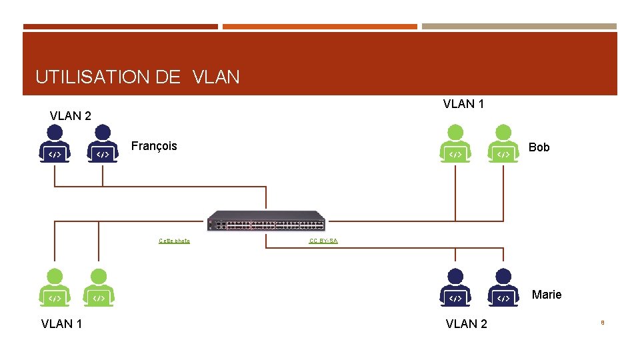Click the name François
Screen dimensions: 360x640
[x=154, y=146]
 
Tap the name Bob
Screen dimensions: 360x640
[x=539, y=147]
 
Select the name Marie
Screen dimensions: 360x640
[x=546, y=295]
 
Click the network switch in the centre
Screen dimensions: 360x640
[x=266, y=221]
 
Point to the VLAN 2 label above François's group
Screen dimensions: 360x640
[x=71, y=116]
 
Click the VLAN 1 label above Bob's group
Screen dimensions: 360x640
[x=463, y=104]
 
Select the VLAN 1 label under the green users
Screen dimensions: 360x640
[x=61, y=324]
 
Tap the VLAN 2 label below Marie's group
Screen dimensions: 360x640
[x=466, y=324]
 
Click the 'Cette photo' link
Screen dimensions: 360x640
[x=174, y=241]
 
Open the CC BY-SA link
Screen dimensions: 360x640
[x=323, y=241]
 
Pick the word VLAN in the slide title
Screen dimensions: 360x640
[x=216, y=77]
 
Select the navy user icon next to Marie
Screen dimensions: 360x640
[x=503, y=288]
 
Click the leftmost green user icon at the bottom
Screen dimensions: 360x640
[x=55, y=288]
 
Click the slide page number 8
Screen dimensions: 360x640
[x=602, y=323]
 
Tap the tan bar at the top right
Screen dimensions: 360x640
[x=519, y=27]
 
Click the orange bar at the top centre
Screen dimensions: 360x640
[x=320, y=27]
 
